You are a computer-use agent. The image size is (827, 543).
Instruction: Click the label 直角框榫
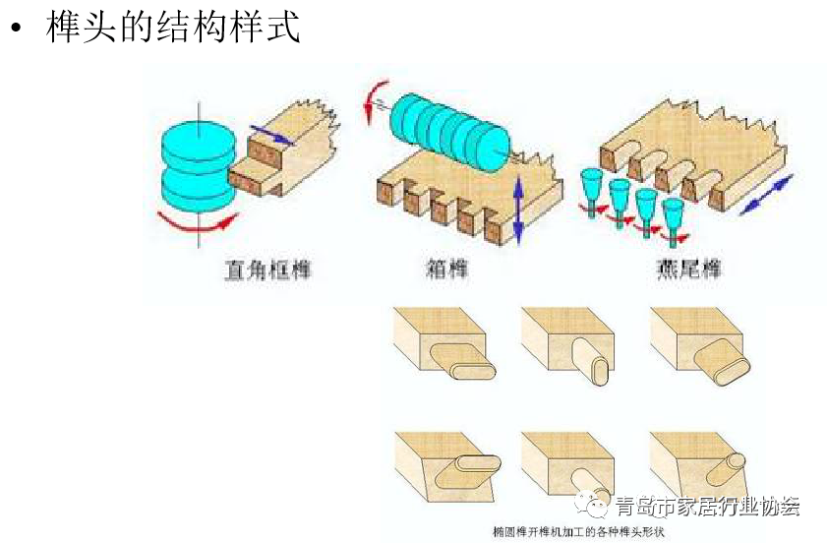click(x=265, y=268)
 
